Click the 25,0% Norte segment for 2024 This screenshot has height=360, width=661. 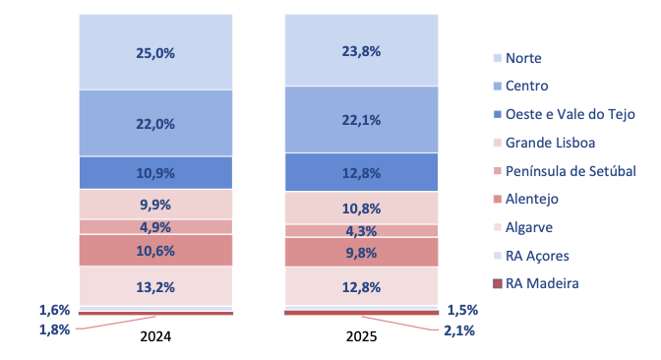[155, 52]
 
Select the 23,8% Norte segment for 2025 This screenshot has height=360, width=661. [361, 50]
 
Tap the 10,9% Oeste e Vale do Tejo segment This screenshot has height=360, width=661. [155, 173]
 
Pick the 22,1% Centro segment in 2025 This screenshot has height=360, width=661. [361, 120]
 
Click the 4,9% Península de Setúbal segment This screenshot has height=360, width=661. [155, 227]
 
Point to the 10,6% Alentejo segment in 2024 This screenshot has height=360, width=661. [155, 251]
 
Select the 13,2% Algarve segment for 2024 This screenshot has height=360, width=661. [155, 286]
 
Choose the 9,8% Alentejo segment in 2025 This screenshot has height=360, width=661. [361, 252]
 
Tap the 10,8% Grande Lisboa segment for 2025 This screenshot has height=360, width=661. [361, 208]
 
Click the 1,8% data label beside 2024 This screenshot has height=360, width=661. [54, 330]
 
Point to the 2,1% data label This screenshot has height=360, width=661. [459, 330]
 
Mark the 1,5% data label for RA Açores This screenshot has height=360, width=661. [462, 310]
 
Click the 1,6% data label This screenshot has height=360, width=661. [54, 310]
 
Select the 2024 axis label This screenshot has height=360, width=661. [155, 336]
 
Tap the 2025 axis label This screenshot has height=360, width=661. [361, 336]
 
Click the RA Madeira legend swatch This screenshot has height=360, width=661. [498, 283]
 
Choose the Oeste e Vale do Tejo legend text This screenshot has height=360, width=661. [570, 114]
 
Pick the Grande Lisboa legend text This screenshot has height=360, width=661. [550, 143]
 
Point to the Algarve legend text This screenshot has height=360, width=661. [528, 227]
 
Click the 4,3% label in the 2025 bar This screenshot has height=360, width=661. [361, 231]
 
